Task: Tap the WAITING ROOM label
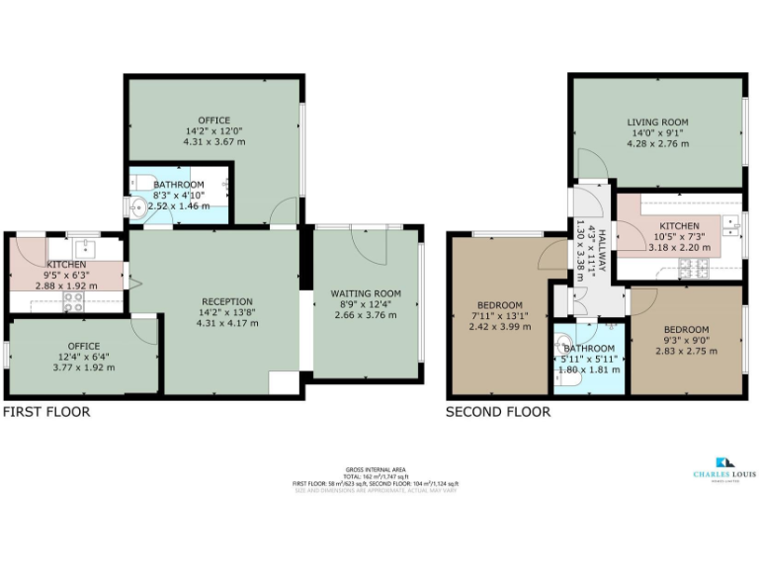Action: pyautogui.click(x=366, y=292)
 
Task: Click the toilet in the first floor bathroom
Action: pyautogui.click(x=141, y=182)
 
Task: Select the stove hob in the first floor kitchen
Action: pyautogui.click(x=73, y=302)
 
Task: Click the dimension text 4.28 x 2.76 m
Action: pyautogui.click(x=656, y=144)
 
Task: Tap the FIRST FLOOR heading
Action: pyautogui.click(x=46, y=412)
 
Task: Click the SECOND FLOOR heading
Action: pyautogui.click(x=498, y=412)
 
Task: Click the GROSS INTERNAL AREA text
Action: pyautogui.click(x=376, y=468)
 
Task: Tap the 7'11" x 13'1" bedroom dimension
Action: pyautogui.click(x=492, y=316)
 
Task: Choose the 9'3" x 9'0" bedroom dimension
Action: pyautogui.click(x=685, y=339)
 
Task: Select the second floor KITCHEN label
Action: pyautogui.click(x=679, y=226)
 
